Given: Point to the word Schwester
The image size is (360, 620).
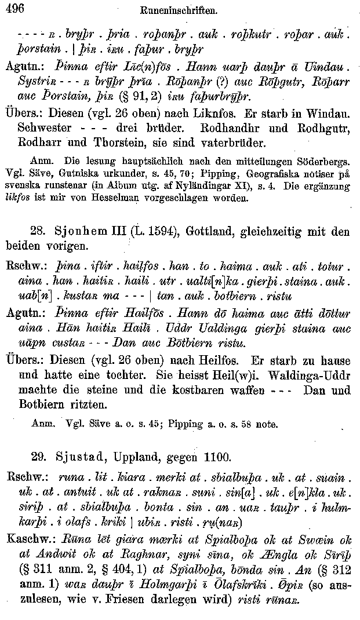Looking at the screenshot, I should (x=45, y=126).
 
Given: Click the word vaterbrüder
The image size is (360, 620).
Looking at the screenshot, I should (x=180, y=141).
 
